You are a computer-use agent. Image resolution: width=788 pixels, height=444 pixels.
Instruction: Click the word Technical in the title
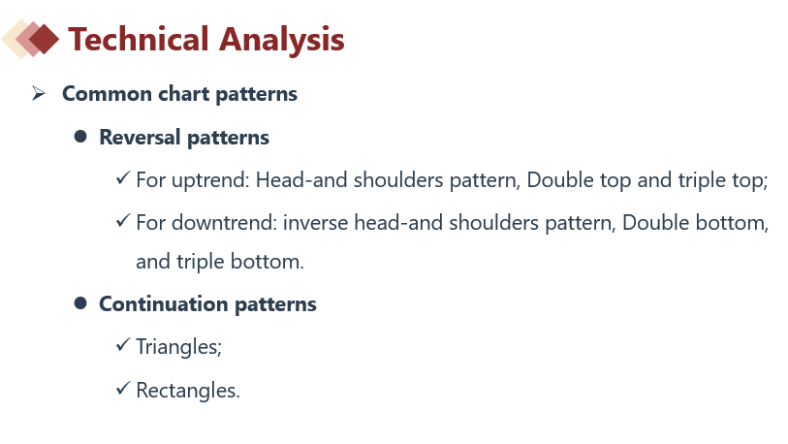coord(139,39)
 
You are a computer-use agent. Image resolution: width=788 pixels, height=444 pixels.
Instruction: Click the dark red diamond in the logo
coord(44,39)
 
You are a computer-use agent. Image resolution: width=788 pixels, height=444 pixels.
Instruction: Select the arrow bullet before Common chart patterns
coord(38,93)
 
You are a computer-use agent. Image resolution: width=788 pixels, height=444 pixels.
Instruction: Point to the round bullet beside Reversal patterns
coord(80,137)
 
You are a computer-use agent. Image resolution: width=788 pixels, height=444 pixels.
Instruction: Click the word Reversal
coord(140,138)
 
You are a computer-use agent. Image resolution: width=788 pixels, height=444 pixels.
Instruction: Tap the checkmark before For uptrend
coord(123,177)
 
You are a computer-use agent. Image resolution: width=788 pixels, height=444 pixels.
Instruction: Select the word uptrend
coord(210,180)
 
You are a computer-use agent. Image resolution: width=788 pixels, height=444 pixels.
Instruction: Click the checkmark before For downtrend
coord(123,220)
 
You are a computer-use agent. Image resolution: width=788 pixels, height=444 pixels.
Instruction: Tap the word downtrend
coord(224,223)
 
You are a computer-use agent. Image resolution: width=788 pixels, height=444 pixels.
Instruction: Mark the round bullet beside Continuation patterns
coord(80,303)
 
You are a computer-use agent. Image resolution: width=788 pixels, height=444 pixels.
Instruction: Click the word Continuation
coord(164,304)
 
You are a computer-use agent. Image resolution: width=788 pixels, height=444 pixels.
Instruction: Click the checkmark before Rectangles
coord(123,388)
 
